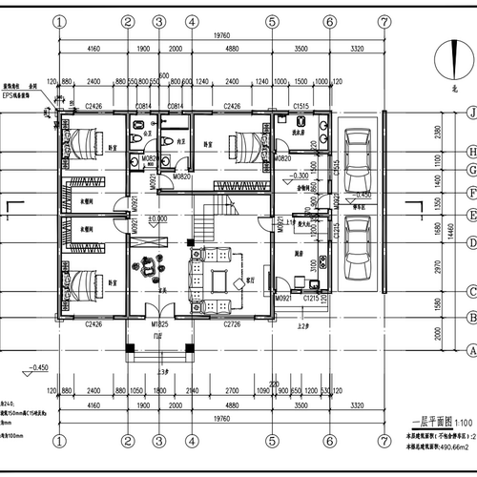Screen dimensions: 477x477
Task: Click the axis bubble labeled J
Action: (x=471, y=112)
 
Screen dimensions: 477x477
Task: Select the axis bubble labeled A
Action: (x=471, y=349)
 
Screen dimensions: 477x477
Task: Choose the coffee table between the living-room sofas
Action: (x=220, y=280)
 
